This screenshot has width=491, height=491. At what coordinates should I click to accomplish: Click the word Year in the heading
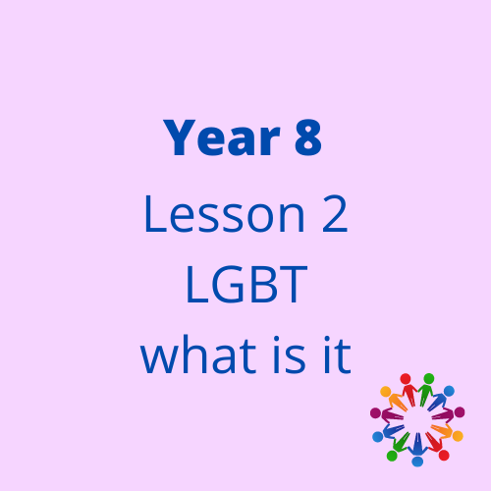coord(222,137)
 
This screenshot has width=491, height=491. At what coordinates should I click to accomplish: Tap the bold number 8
coord(308,137)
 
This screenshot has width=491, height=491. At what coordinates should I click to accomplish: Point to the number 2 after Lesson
coord(335,214)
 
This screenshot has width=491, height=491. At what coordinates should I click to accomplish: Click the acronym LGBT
coord(246,285)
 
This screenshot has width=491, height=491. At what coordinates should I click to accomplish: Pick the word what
coord(198,355)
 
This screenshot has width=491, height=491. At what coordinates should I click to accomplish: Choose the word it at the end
coord(337,355)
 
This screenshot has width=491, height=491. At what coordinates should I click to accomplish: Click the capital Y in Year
coord(180,137)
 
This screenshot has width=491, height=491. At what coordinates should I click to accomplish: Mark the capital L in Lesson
coord(155,214)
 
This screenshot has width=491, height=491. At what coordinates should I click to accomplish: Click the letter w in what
coord(158,359)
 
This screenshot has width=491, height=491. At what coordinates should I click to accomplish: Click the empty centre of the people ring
coord(417,419)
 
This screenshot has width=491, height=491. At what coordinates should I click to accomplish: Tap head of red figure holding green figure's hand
coord(406,379)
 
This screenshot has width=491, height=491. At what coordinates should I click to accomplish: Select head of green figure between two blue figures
coord(392,456)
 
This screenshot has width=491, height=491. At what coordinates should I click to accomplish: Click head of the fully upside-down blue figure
coord(417,462)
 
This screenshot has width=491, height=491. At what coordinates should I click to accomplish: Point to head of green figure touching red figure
coord(429,379)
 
